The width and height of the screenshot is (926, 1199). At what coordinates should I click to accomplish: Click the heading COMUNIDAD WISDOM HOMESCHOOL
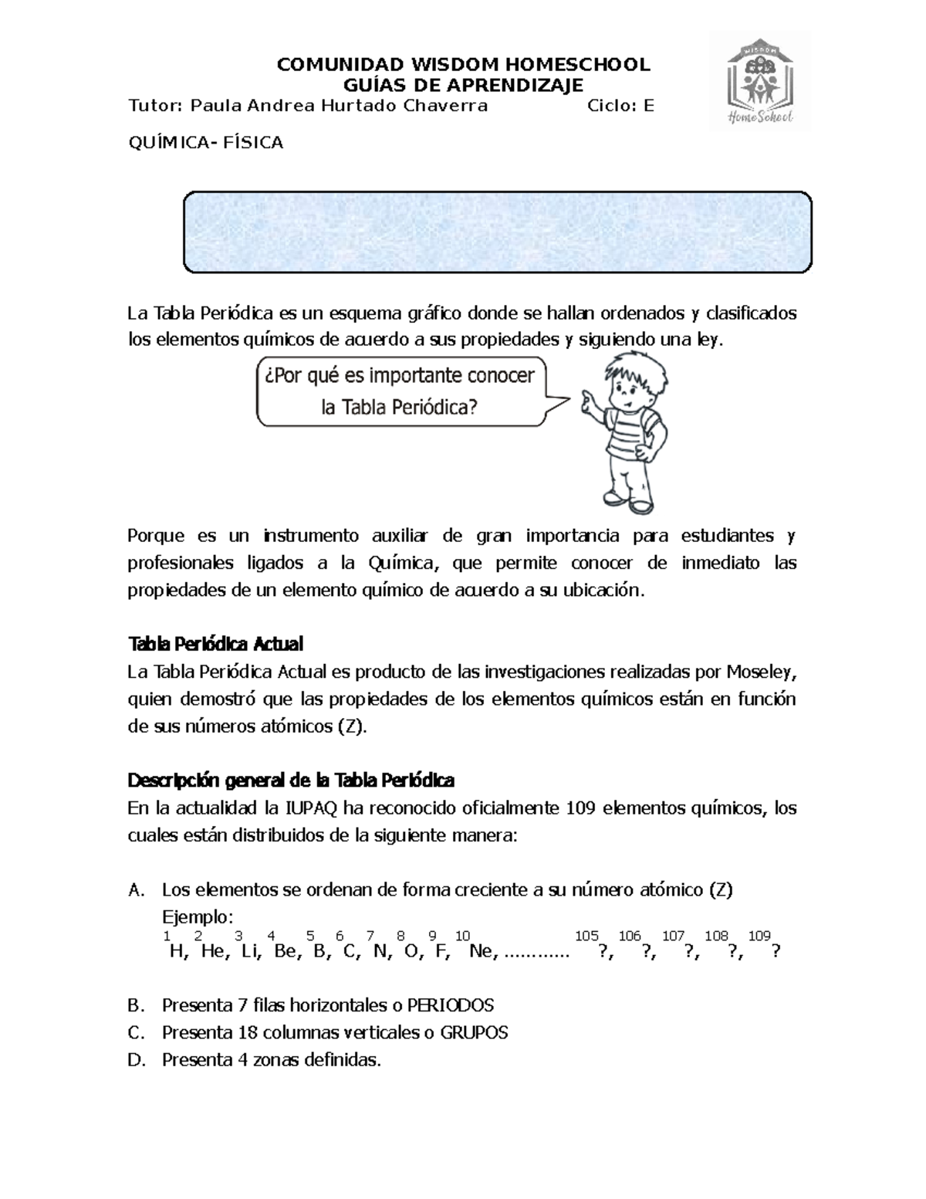463,64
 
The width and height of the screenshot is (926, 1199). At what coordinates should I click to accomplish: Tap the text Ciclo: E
620,106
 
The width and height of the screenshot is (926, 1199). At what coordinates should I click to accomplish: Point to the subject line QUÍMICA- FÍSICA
205,142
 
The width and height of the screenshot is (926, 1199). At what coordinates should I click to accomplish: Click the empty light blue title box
497,232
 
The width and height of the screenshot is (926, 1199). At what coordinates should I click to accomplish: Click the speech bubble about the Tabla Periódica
401,391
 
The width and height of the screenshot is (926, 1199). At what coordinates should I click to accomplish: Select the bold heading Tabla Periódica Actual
215,643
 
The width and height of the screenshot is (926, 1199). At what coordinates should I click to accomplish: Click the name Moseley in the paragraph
759,672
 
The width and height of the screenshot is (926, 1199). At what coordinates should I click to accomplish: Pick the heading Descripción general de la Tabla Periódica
291,780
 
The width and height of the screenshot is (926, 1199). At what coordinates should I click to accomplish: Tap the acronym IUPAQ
313,808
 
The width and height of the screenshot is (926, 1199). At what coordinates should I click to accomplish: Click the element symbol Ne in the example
481,951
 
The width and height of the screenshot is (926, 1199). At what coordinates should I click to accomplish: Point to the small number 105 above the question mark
586,936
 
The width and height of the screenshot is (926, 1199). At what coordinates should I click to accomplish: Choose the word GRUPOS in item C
474,1032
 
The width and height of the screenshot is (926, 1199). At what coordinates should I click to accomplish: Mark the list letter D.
136,1060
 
